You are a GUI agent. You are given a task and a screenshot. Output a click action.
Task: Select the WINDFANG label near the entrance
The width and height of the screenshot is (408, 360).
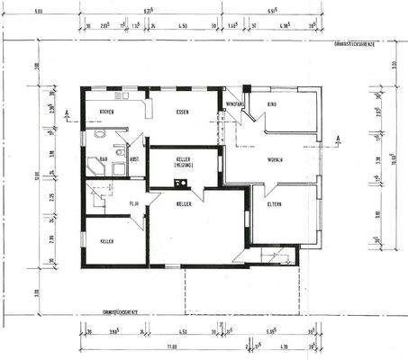click(235, 104)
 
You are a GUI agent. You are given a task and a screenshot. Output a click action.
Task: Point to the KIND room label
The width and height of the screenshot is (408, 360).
click(271, 104)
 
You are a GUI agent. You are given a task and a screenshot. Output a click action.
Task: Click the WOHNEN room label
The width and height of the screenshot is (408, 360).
click(275, 159)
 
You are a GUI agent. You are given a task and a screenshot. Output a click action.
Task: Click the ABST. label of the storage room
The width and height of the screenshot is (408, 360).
click(134, 160)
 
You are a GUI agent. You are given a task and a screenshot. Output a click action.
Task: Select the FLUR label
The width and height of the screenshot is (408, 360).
click(133, 203)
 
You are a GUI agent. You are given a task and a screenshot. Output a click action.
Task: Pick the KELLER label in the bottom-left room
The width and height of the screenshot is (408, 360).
click(107, 241)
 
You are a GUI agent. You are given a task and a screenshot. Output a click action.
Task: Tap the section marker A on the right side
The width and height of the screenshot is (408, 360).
click(338, 137)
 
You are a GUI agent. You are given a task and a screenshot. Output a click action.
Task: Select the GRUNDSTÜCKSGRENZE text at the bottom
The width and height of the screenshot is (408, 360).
click(120, 310)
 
